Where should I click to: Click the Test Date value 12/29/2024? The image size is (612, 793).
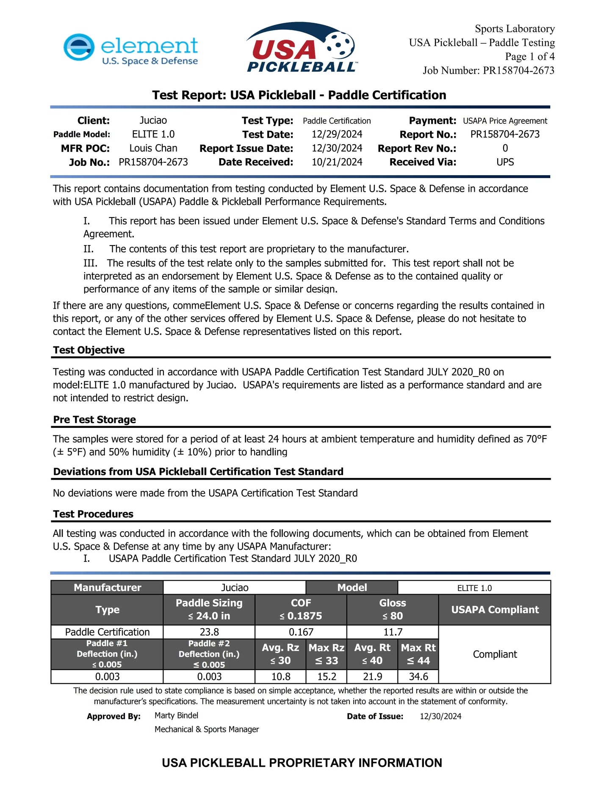pyautogui.click(x=337, y=134)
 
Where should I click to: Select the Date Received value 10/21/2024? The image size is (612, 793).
pyautogui.click(x=337, y=162)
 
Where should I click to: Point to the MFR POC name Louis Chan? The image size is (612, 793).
pyautogui.click(x=153, y=148)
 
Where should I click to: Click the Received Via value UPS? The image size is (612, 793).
pyautogui.click(x=505, y=162)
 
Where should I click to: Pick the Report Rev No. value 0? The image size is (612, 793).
pyautogui.click(x=505, y=148)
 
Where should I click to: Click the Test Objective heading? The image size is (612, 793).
pyautogui.click(x=89, y=350)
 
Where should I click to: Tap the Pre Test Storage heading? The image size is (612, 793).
pyautogui.click(x=94, y=420)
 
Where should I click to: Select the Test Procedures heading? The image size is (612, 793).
pyautogui.click(x=93, y=514)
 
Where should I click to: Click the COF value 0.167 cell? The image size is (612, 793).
pyautogui.click(x=301, y=632)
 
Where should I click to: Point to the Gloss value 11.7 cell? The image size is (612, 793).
pyautogui.click(x=393, y=632)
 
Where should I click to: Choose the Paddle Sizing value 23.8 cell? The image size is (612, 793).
pyautogui.click(x=209, y=632)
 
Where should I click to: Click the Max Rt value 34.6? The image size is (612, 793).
pyautogui.click(x=418, y=676)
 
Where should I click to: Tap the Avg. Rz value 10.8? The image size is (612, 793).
pyautogui.click(x=280, y=676)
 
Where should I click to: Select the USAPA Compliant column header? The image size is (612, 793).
pyautogui.click(x=495, y=610)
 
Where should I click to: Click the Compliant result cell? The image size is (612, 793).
pyautogui.click(x=495, y=654)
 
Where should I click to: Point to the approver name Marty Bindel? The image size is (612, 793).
pyautogui.click(x=176, y=716)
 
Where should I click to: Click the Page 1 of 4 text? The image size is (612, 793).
pyautogui.click(x=529, y=56)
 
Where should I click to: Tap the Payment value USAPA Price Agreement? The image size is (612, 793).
pyautogui.click(x=505, y=121)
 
